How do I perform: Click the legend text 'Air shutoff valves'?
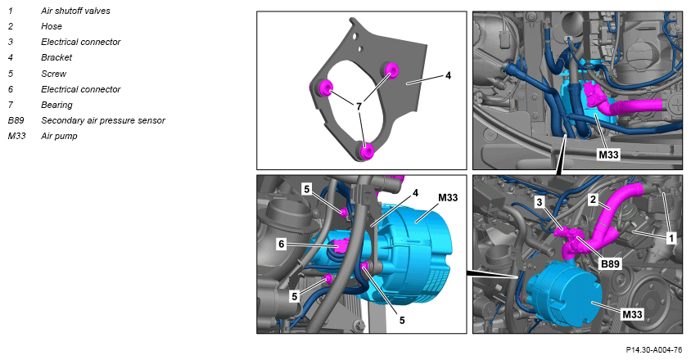[x=75, y=11]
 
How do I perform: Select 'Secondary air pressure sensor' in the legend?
[x=103, y=120]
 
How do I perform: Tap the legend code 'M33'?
[x=16, y=136]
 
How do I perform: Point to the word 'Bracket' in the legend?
[x=56, y=57]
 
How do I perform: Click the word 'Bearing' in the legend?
[x=56, y=105]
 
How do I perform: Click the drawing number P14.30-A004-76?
[x=654, y=350]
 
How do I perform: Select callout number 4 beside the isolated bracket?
[x=448, y=75]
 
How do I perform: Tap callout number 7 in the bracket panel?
[x=359, y=106]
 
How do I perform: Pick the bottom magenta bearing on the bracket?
[x=366, y=151]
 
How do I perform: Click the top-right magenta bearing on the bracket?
[x=391, y=70]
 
